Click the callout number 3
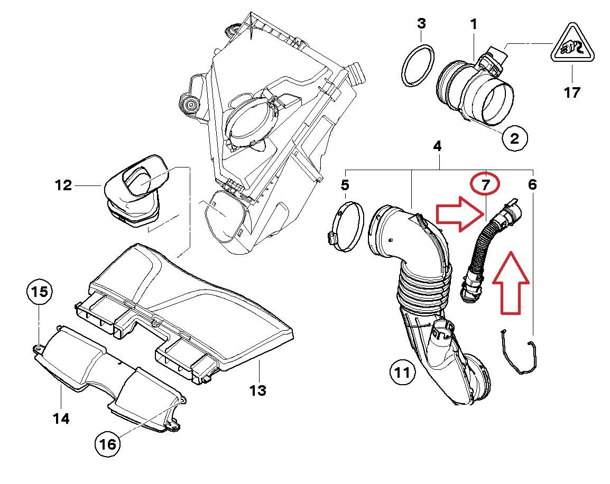421,23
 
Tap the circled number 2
514,138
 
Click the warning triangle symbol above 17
571,51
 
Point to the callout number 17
571,92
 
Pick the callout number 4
437,147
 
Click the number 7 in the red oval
485,184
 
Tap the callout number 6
532,184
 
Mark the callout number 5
345,185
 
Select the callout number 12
63,185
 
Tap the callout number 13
257,390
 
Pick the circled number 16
107,444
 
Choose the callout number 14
61,419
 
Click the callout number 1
474,24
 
